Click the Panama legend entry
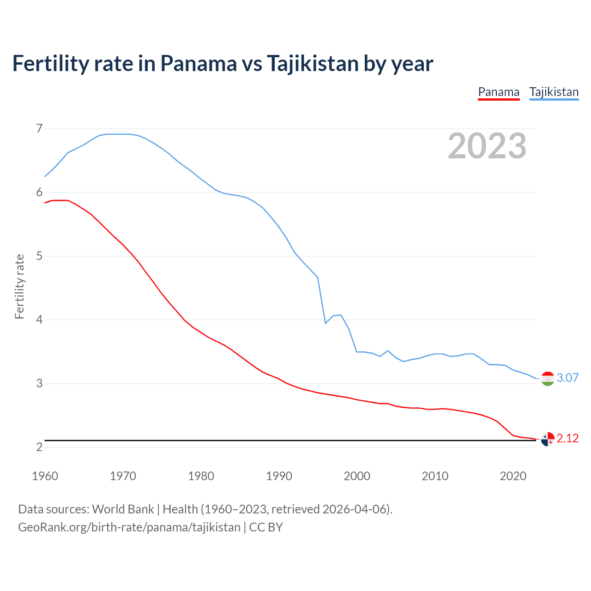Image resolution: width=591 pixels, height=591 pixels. [499, 92]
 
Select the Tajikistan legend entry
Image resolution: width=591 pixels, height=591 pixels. [554, 92]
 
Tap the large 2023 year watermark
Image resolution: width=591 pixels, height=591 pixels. [487, 146]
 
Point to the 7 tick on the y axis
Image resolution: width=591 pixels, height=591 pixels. [39, 128]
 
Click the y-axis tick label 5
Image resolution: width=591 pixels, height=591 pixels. [39, 256]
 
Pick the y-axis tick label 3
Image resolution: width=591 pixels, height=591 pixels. [39, 383]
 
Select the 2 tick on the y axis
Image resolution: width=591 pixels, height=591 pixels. [39, 447]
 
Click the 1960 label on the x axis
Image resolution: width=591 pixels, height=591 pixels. [45, 476]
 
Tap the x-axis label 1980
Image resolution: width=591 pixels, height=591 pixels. [201, 476]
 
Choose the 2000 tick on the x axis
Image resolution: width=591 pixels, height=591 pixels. [357, 476]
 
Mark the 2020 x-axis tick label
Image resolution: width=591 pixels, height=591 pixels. [513, 476]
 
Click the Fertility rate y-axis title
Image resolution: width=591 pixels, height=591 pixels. [19, 286]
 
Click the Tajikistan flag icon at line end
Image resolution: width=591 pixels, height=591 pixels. [548, 379]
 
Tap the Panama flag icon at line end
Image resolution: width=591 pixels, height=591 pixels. [548, 439]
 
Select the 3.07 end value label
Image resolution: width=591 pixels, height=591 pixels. [567, 378]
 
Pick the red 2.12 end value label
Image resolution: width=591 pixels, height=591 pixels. [567, 438]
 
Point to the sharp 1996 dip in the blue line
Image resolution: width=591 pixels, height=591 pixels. [326, 323]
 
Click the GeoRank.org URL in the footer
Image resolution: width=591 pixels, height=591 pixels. [129, 527]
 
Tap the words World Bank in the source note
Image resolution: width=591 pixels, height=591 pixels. [123, 509]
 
